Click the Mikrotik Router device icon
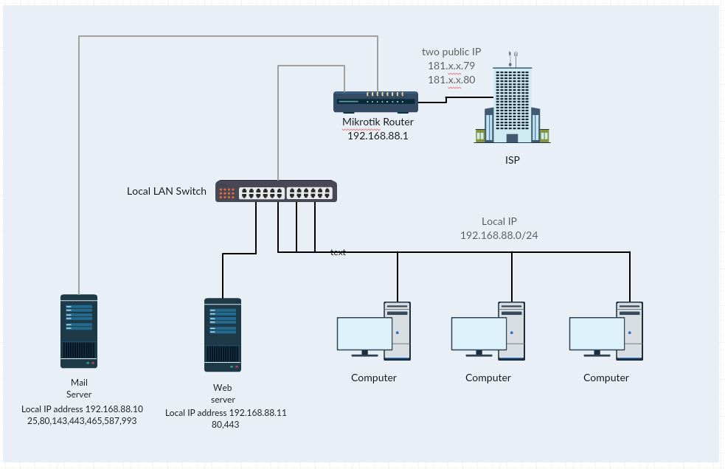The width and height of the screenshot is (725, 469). coord(375,102)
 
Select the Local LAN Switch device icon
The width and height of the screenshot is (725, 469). coord(275,191)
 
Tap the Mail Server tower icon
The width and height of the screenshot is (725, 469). coord(78,331)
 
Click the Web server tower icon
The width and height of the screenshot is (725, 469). coord(222,335)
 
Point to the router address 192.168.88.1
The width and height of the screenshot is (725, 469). coord(378,136)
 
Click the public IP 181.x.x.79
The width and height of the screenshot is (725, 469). coord(451,66)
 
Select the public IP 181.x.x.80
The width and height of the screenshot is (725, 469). coord(451,80)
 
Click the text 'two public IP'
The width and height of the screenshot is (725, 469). coord(451,52)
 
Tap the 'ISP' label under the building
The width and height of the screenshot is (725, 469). coord(512,159)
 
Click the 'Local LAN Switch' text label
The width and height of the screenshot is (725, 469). coord(167,191)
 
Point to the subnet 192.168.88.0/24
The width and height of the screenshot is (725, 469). coord(499,235)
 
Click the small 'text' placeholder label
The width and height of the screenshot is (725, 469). coord(338,252)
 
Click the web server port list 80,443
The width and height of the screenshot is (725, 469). coord(225,425)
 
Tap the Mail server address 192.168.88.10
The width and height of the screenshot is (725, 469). coord(114,409)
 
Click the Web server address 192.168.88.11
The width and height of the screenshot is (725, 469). coord(258,413)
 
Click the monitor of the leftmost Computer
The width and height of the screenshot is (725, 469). coord(364,334)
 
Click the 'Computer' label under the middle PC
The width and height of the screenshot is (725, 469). coord(488,378)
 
